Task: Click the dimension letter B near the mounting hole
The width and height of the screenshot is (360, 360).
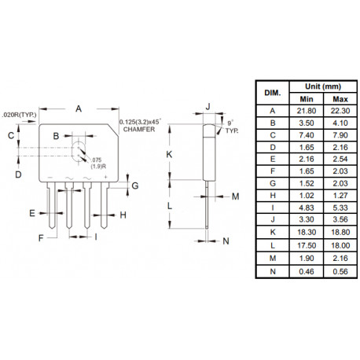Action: pos(57,137)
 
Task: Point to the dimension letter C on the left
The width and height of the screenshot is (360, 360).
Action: pos(11,135)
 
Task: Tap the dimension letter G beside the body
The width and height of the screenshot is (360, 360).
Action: pos(135,186)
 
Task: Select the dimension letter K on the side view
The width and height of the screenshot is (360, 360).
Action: pos(169,154)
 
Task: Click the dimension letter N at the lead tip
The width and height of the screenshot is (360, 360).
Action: pos(226,241)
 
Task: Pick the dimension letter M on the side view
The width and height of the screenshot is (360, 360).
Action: pos(236,195)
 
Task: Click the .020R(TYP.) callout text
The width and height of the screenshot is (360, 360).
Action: pos(19,113)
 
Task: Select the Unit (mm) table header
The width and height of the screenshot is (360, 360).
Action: pos(322,86)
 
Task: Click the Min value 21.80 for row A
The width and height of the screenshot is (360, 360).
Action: pos(306,112)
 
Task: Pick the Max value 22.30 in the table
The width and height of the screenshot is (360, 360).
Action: pos(340,112)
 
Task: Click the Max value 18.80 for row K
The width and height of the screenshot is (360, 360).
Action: pos(340,233)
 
